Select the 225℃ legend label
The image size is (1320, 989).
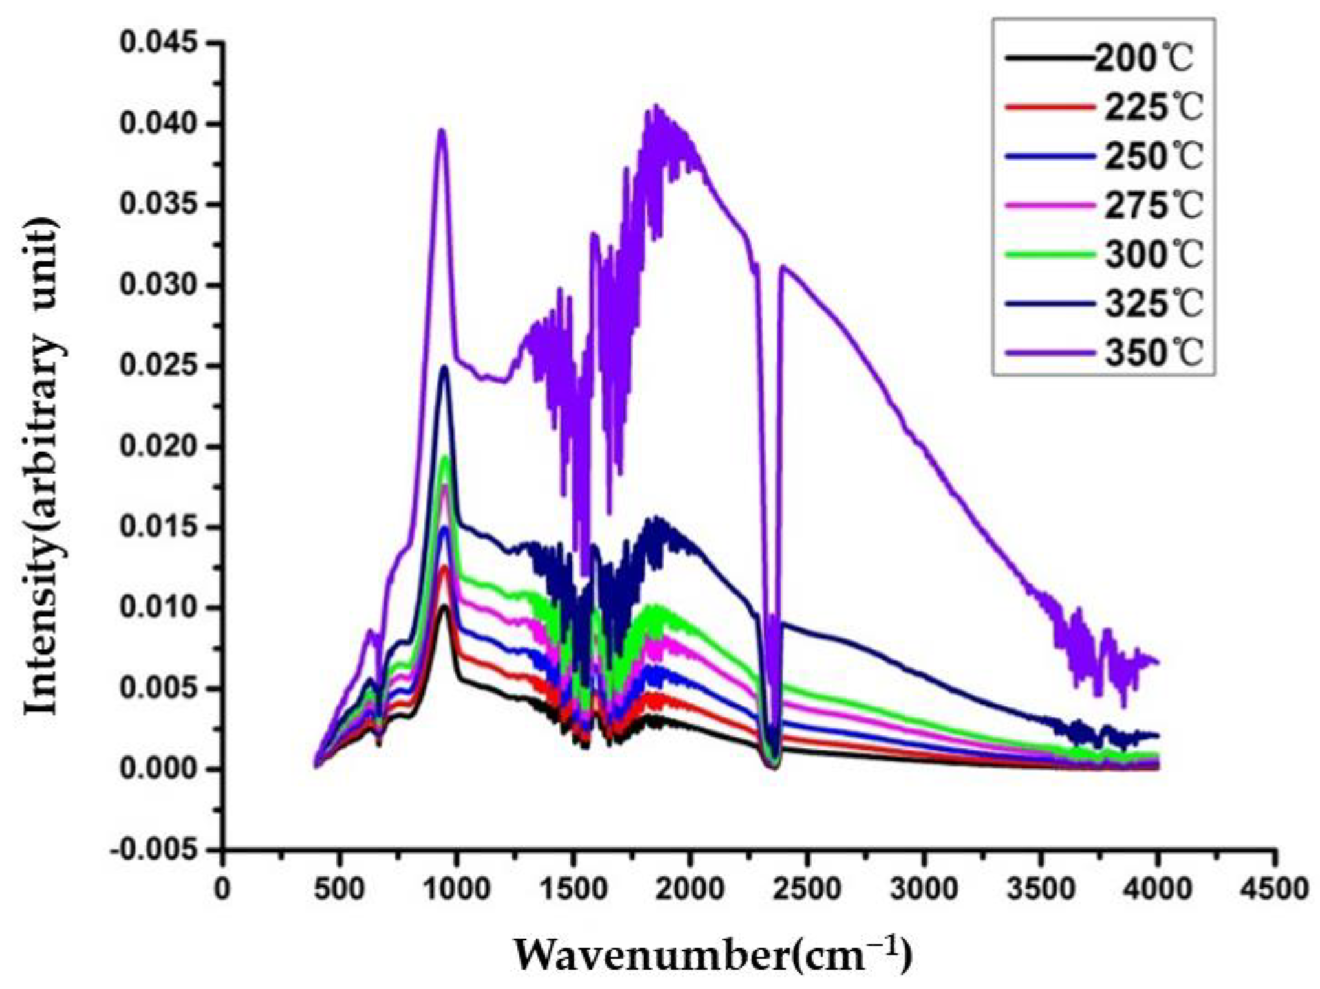pyautogui.click(x=1153, y=107)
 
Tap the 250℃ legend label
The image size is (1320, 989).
pyautogui.click(x=1153, y=157)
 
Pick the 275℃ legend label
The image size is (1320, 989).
pyautogui.click(x=1153, y=206)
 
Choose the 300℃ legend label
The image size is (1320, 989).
pyautogui.click(x=1153, y=255)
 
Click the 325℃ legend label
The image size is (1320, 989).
pyautogui.click(x=1153, y=304)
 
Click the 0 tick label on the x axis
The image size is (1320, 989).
pyautogui.click(x=222, y=889)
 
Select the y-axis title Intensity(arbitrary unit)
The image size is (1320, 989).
pyautogui.click(x=42, y=466)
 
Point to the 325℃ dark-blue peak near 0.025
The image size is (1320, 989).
pyautogui.click(x=444, y=367)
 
